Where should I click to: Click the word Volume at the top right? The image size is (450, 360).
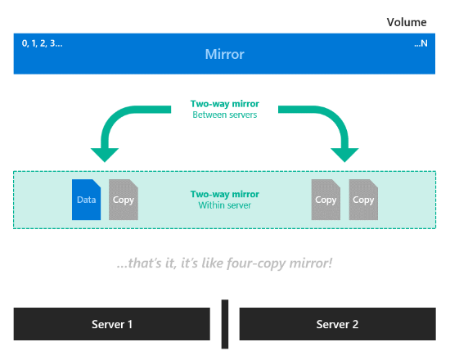pos(407,22)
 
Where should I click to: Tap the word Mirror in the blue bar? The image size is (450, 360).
pos(225,54)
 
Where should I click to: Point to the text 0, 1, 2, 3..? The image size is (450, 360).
pos(42,43)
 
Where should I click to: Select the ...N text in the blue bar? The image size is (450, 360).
pos(421,43)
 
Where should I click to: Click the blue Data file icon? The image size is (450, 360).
pos(86,200)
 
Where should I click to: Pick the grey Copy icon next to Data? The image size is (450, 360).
pos(124,200)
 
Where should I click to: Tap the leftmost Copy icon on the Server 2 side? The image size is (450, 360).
pos(326,200)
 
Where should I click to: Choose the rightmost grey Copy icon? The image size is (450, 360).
pos(363,200)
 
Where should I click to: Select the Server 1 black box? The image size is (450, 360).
pos(111,324)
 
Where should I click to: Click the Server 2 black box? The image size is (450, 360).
pos(337,324)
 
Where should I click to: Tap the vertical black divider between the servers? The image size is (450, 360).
pos(225,324)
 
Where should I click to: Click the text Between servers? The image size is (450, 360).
pos(225,115)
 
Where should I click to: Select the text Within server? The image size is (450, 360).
pos(225,205)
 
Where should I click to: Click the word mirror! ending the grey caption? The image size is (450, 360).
pos(311,263)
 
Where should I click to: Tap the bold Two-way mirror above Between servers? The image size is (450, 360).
pos(225,104)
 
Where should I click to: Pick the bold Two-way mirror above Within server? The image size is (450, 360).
pos(225,194)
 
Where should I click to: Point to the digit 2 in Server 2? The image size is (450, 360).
pos(355,324)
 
